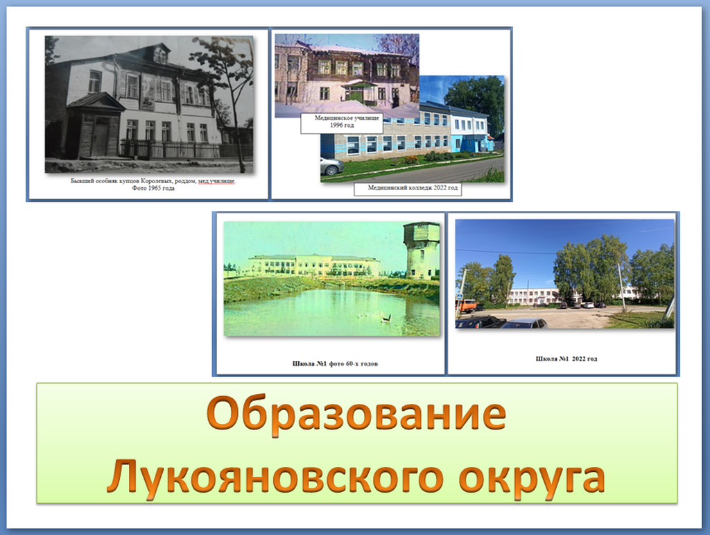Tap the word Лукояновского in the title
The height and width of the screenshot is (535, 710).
pyautogui.click(x=275, y=477)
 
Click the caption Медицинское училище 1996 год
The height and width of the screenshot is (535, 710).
pyautogui.click(x=347, y=121)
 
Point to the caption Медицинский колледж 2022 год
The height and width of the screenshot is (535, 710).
pyautogui.click(x=413, y=187)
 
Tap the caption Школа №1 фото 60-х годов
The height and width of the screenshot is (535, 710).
pyautogui.click(x=335, y=364)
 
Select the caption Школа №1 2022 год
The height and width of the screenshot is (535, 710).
pyautogui.click(x=566, y=359)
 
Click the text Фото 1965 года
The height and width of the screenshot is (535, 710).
pyautogui.click(x=153, y=188)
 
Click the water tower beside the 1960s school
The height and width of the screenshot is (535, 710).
pyautogui.click(x=421, y=250)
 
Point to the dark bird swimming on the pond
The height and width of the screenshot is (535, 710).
pyautogui.click(x=386, y=319)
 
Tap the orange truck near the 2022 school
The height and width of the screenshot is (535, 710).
pyautogui.click(x=465, y=306)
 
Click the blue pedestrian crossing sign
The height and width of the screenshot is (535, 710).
pyautogui.click(x=459, y=296)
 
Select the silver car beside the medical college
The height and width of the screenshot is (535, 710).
pyautogui.click(x=331, y=167)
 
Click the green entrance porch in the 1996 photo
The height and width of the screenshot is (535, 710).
pyautogui.click(x=359, y=92)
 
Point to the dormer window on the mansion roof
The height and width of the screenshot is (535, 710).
pyautogui.click(x=160, y=54)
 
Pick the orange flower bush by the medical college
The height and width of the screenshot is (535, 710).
pyautogui.click(x=410, y=160)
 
